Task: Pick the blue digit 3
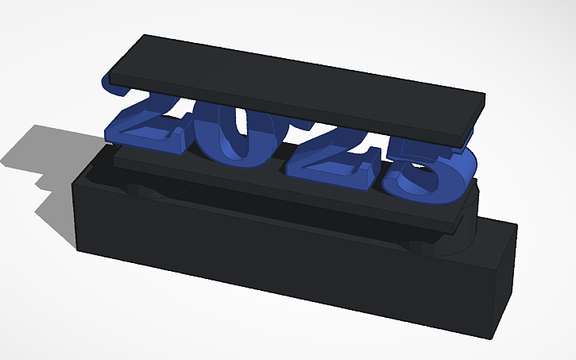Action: [x=417, y=171]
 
